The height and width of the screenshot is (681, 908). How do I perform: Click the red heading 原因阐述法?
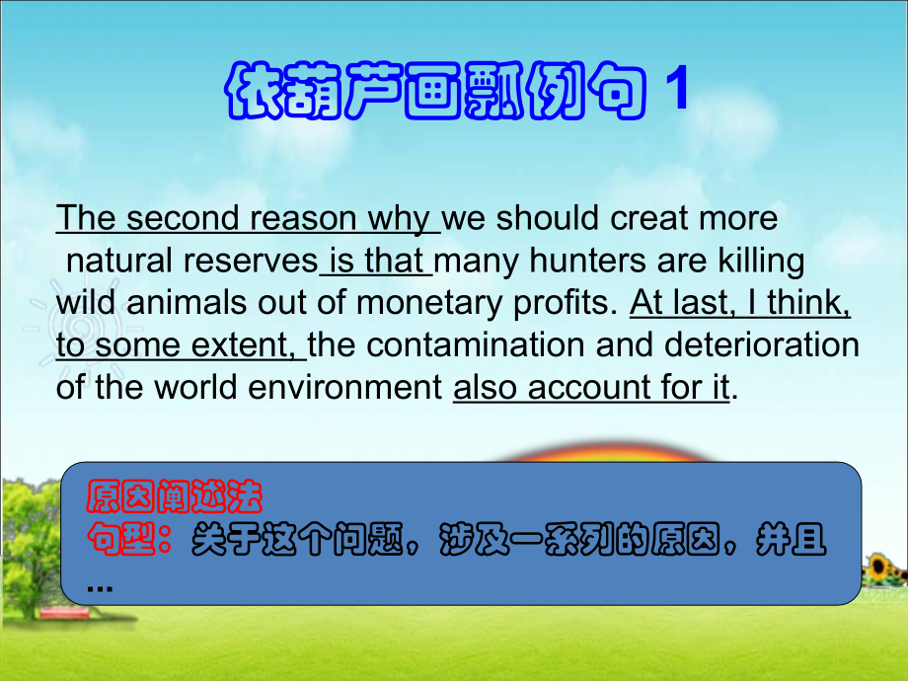click(174, 497)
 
